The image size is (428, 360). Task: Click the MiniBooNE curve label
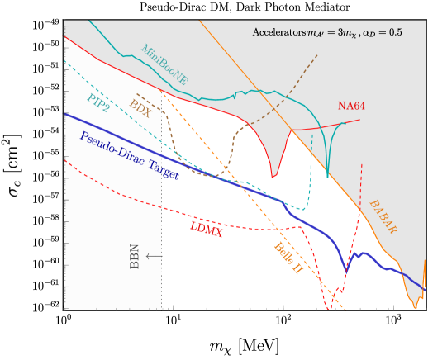[x=164, y=65]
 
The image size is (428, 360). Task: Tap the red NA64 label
[x=351, y=107]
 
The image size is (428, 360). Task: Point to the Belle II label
[x=288, y=258]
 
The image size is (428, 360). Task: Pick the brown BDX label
[x=140, y=107]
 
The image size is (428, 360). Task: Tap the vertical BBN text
[x=135, y=256]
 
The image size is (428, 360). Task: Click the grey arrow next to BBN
[x=154, y=256]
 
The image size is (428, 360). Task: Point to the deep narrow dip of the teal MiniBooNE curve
[x=328, y=175]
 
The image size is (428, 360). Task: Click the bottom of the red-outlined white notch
[x=273, y=175]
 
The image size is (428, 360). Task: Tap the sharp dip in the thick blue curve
[x=346, y=270]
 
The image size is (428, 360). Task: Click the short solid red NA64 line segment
[x=326, y=126]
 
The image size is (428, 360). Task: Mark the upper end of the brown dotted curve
[x=316, y=55]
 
